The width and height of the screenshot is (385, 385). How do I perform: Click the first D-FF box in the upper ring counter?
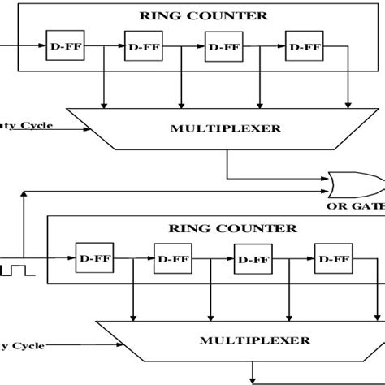click(x=59, y=47)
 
